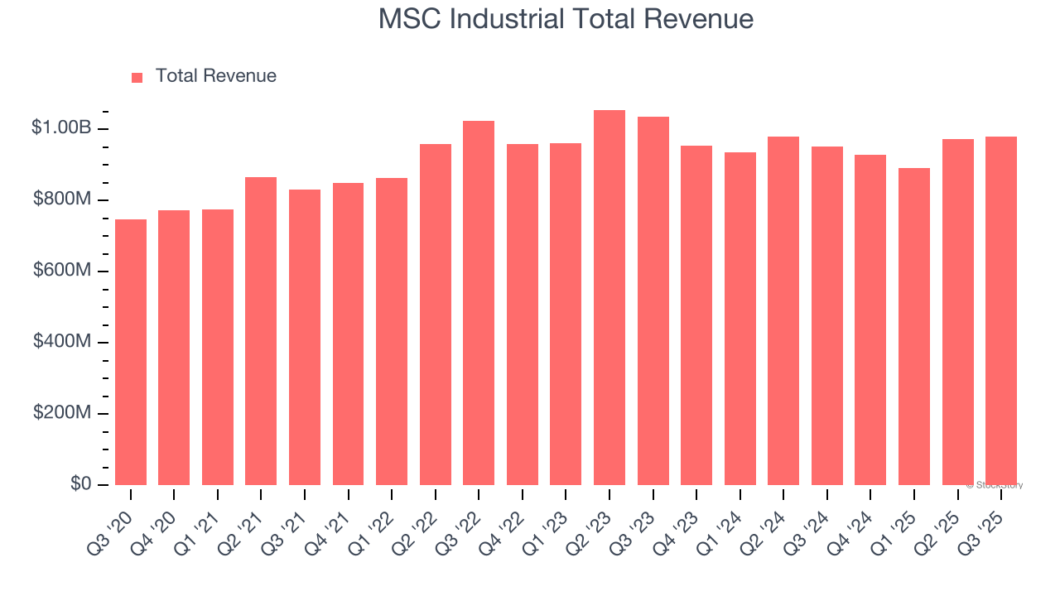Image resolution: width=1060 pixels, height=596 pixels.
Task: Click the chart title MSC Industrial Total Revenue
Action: point(566,19)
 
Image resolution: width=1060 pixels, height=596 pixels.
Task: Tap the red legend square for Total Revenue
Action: point(137,77)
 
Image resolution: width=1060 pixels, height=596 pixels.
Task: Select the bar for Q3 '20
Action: point(131,352)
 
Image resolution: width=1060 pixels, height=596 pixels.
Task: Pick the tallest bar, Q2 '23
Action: point(609,298)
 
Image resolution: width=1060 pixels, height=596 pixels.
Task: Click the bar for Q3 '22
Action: point(479,303)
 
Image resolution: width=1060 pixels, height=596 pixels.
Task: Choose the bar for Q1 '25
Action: point(914,326)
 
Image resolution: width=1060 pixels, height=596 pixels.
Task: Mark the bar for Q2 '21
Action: point(261,331)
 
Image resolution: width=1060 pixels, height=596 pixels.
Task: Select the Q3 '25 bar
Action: point(1001,310)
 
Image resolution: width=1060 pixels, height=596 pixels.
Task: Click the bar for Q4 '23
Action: point(696,315)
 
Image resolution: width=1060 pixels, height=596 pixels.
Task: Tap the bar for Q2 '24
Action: point(783,310)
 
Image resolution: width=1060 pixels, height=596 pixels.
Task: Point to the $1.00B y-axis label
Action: point(60,128)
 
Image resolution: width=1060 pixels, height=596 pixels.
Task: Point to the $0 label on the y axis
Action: point(79,484)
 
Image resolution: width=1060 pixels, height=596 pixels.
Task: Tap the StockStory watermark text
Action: point(995,485)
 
